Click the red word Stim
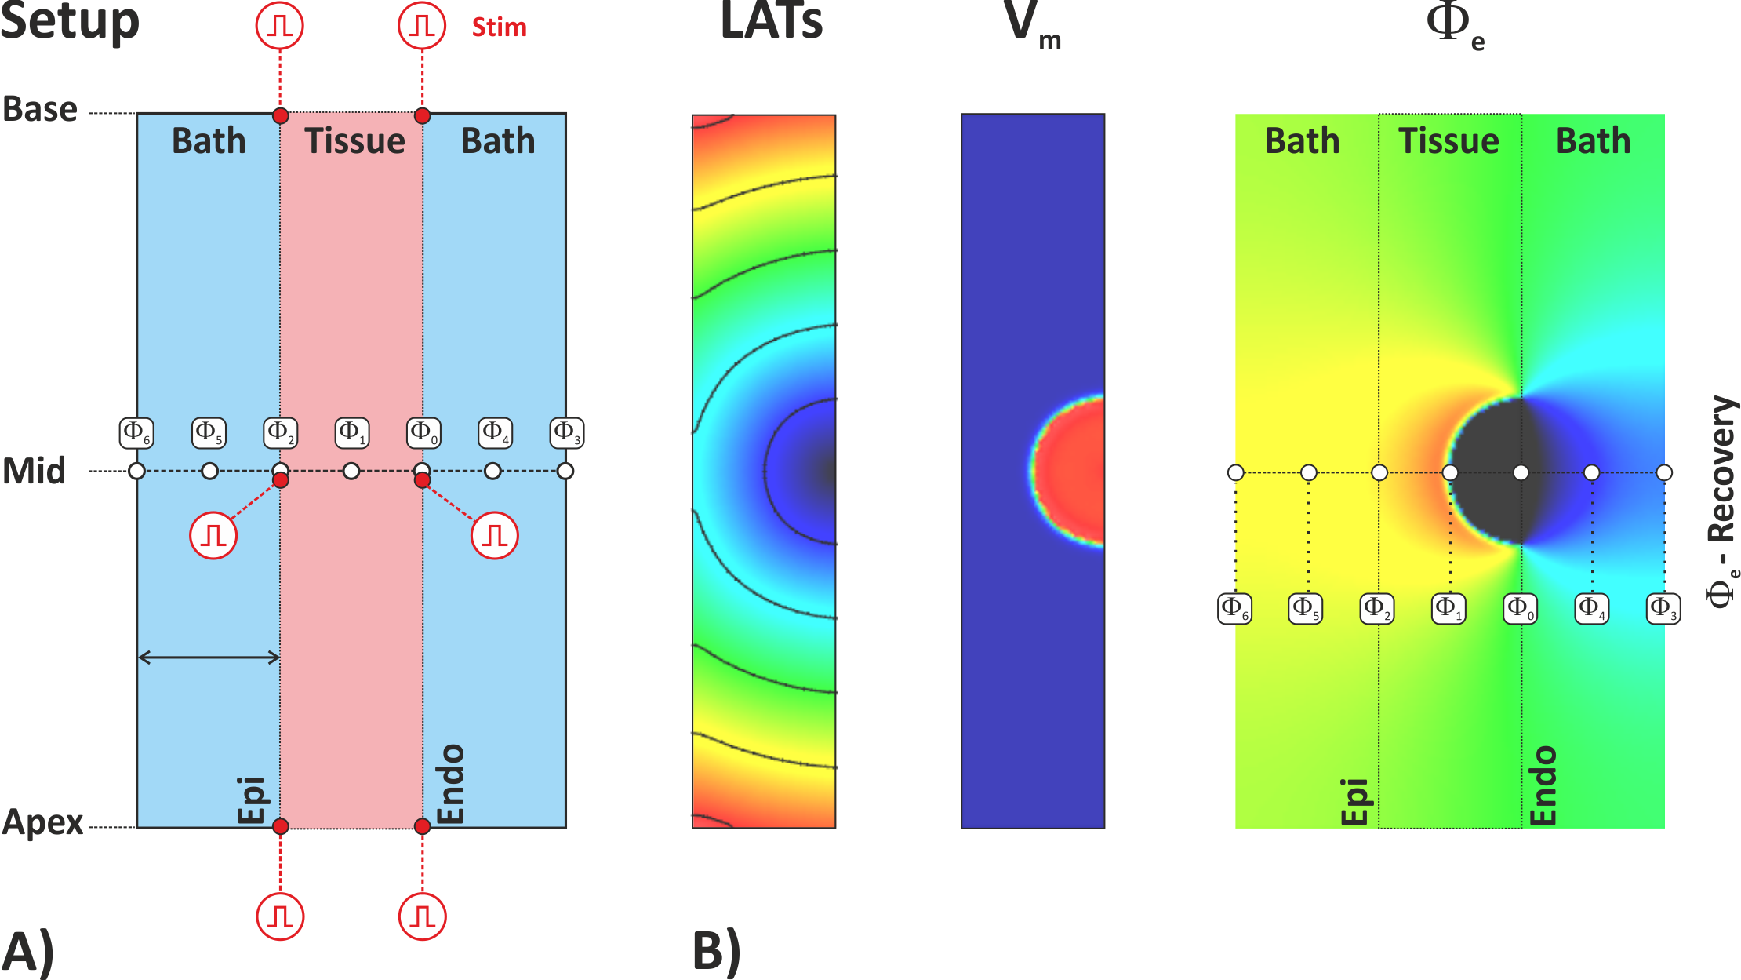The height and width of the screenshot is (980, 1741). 499,27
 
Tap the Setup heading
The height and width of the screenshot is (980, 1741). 69,22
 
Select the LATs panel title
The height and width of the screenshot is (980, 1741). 771,22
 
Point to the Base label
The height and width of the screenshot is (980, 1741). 40,109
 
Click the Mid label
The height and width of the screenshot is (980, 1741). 34,472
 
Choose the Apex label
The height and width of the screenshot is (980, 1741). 42,822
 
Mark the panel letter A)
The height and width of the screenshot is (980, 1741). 28,951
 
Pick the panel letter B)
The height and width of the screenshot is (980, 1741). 716,951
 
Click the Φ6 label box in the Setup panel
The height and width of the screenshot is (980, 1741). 136,432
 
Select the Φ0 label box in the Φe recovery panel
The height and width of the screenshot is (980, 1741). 1520,608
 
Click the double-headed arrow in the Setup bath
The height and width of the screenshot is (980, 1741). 209,658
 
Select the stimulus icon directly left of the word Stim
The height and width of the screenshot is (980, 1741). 422,26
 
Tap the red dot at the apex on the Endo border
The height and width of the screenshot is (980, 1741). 422,826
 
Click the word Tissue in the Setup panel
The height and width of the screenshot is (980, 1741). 354,141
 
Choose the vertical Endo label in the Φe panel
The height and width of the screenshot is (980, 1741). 1543,785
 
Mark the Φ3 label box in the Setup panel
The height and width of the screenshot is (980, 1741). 567,432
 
